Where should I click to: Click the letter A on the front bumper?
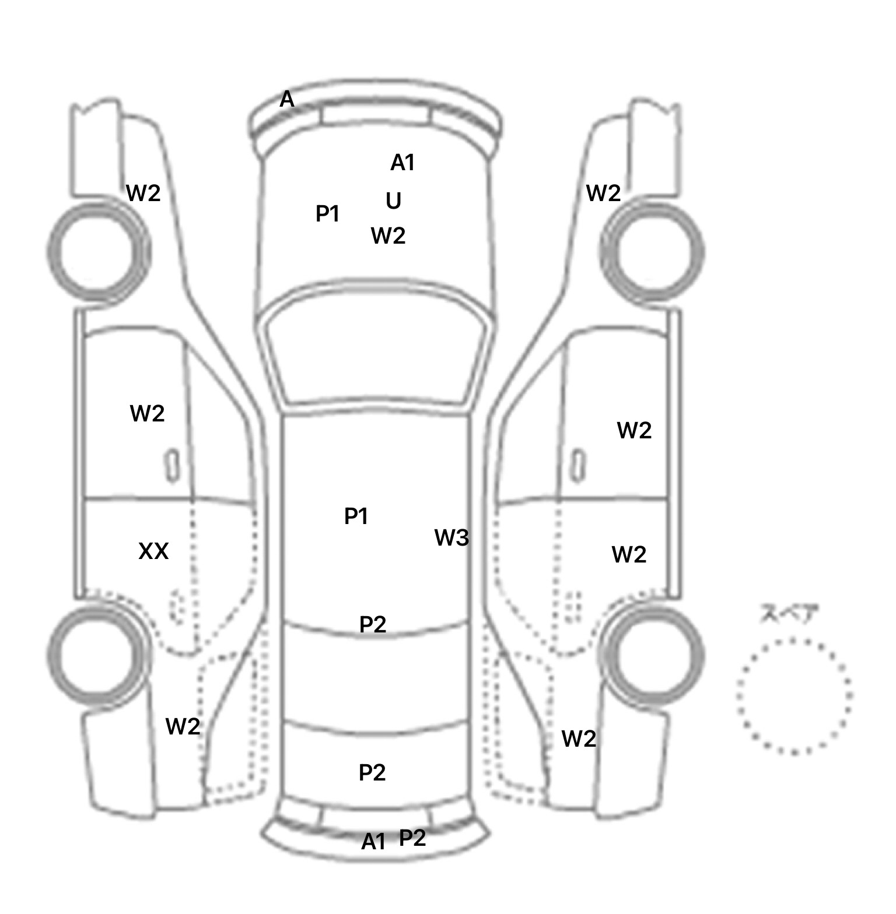(x=286, y=100)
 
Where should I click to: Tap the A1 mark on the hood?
(x=402, y=163)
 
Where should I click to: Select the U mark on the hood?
(x=394, y=201)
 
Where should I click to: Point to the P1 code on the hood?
(x=327, y=214)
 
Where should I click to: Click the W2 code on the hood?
(x=388, y=236)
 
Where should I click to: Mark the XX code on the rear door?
(x=153, y=551)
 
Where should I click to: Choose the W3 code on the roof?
(x=452, y=538)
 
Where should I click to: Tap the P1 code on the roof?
(x=356, y=516)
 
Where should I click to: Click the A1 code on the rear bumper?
(x=373, y=842)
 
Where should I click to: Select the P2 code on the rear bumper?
(x=412, y=838)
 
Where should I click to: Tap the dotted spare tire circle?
(x=794, y=695)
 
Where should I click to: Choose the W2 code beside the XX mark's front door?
(x=147, y=414)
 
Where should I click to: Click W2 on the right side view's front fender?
(x=603, y=193)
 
